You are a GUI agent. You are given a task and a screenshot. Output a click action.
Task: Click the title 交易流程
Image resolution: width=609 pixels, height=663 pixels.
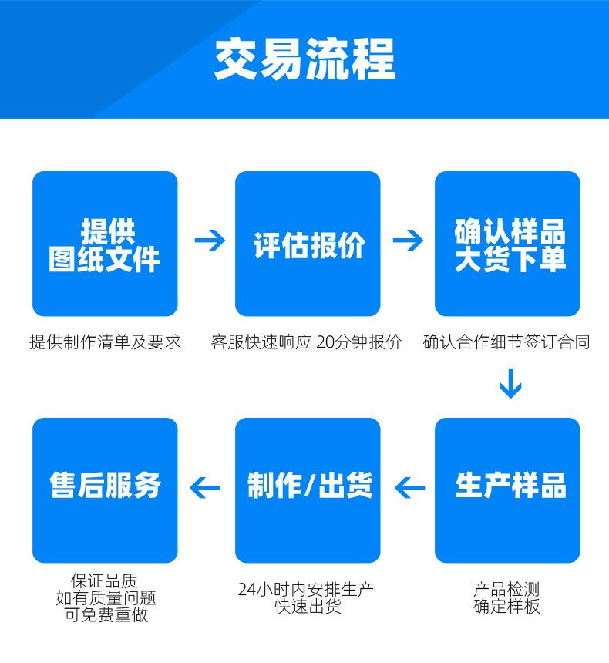(x=304, y=59)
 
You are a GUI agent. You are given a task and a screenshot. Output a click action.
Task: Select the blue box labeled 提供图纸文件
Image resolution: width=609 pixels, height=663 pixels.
(x=105, y=244)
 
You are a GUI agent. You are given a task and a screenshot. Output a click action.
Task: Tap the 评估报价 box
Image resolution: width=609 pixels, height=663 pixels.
(x=308, y=244)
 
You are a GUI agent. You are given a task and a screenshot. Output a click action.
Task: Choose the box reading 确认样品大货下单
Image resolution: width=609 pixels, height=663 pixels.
(x=508, y=244)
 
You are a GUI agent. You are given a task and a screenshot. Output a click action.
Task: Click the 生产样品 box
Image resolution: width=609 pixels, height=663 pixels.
(x=508, y=490)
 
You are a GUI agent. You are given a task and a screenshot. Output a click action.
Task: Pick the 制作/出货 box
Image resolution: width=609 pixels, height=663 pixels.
(x=308, y=490)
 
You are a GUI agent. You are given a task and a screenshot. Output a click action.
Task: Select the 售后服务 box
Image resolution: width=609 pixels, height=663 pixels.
(x=105, y=490)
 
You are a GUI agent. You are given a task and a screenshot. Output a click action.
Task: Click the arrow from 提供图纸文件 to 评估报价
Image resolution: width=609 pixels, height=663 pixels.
(x=209, y=241)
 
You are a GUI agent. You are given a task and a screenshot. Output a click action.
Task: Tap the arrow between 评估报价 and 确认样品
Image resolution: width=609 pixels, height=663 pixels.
(x=408, y=241)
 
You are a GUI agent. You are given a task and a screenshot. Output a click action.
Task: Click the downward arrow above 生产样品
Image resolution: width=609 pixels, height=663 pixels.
(x=510, y=384)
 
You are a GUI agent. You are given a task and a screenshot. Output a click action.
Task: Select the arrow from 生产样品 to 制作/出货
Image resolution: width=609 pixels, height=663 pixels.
(x=409, y=487)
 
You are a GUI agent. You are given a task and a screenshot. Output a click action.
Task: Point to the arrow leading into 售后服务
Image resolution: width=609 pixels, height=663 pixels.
(x=205, y=487)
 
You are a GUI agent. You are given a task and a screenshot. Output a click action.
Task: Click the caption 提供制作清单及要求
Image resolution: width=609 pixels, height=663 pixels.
(x=105, y=342)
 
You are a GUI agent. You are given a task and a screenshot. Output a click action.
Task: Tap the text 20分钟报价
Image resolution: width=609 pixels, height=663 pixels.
(x=358, y=342)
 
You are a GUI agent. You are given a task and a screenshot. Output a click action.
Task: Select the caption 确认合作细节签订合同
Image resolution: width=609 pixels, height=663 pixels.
(x=506, y=342)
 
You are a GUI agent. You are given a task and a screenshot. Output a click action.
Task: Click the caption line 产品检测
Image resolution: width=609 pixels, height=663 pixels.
(x=507, y=591)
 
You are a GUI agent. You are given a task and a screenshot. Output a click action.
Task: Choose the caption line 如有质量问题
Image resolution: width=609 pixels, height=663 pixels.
(x=106, y=598)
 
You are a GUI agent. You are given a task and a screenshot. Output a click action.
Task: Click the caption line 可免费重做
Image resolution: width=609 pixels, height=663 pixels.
(x=106, y=614)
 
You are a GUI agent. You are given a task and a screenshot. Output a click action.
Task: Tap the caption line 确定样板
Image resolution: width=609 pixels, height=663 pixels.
(x=507, y=607)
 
